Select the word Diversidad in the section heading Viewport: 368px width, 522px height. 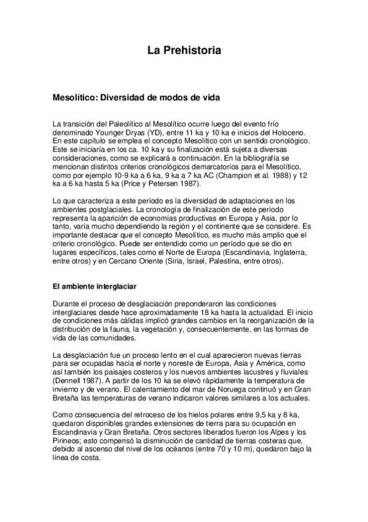click(x=122, y=97)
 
